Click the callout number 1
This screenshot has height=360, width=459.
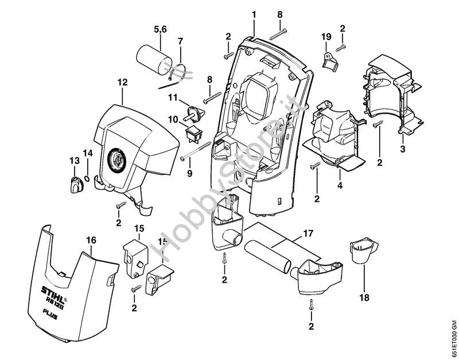coord(252,13)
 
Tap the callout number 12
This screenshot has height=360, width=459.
coord(122,83)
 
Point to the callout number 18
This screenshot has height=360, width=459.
coord(364,298)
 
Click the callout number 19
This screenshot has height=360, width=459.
coord(326,36)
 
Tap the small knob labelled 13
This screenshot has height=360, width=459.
coord(76,185)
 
